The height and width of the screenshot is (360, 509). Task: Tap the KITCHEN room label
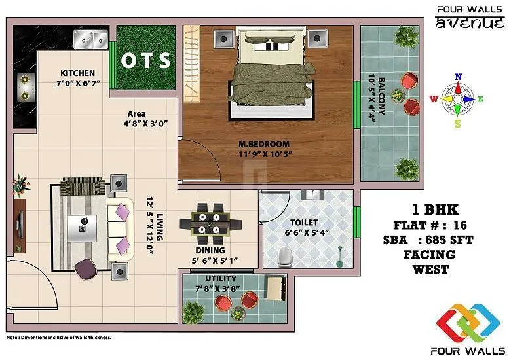click(x=77, y=73)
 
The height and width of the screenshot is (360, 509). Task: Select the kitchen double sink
click(x=91, y=39)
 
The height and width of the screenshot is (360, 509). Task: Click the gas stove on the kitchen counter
click(x=24, y=87)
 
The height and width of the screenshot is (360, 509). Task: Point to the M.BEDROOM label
click(x=264, y=144)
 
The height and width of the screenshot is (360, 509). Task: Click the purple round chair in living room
click(x=85, y=267)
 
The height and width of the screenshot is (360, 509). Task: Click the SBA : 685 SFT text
click(x=428, y=240)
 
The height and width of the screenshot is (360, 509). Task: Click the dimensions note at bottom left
click(x=59, y=338)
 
